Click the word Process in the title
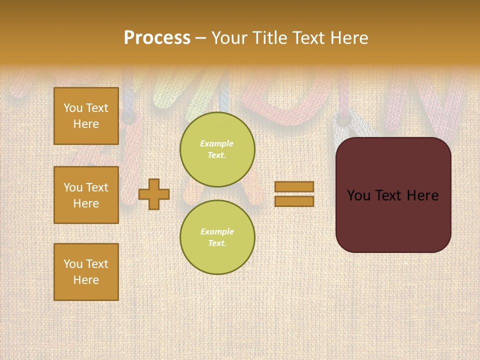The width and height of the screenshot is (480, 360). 157,38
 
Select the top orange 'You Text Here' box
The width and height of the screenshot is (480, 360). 86,116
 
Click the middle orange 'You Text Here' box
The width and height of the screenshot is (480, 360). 86,195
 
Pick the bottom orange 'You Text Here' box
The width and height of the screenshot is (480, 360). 86,272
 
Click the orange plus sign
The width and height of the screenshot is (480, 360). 154,194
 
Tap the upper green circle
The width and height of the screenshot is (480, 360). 217,149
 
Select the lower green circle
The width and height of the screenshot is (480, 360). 217,237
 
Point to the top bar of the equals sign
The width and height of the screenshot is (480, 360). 294,186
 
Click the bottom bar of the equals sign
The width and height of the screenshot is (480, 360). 294,201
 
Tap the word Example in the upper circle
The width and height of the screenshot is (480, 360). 217,143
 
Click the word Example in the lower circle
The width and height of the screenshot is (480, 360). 217,231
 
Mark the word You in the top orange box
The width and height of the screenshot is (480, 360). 73,108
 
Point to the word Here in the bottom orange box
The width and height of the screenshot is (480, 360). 86,280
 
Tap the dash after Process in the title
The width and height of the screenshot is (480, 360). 200,38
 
